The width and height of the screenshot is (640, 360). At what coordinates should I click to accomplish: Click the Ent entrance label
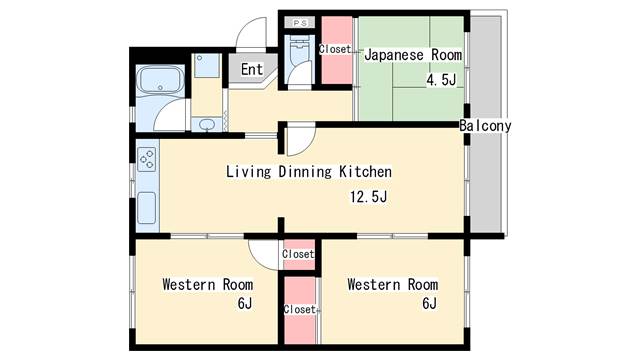click(x=252, y=69)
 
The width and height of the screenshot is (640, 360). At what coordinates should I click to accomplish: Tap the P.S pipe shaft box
click(x=300, y=23)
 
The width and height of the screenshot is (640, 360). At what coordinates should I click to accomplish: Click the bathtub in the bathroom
click(x=160, y=80)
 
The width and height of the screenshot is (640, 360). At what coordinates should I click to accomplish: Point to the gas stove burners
click(x=147, y=159)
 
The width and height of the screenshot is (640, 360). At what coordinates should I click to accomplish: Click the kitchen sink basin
click(x=147, y=208)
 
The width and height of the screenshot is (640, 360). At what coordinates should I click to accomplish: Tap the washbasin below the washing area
click(x=207, y=124)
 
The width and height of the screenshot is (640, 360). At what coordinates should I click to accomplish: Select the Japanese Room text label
click(x=413, y=55)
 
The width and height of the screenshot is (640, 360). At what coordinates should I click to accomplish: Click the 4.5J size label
click(x=441, y=80)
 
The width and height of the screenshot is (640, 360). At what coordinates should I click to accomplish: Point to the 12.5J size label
click(x=369, y=197)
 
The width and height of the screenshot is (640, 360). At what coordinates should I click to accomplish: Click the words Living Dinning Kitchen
click(x=309, y=171)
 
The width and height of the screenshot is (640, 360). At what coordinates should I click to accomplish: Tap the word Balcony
click(x=485, y=126)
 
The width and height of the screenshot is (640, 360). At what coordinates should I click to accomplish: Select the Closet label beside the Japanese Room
click(x=335, y=49)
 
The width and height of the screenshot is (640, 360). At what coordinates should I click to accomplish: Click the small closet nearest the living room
click(x=299, y=254)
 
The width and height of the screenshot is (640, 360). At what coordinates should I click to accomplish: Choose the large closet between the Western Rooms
click(x=300, y=310)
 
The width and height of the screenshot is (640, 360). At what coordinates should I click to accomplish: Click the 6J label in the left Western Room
click(x=245, y=303)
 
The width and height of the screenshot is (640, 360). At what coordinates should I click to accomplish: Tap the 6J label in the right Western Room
click(x=429, y=303)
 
